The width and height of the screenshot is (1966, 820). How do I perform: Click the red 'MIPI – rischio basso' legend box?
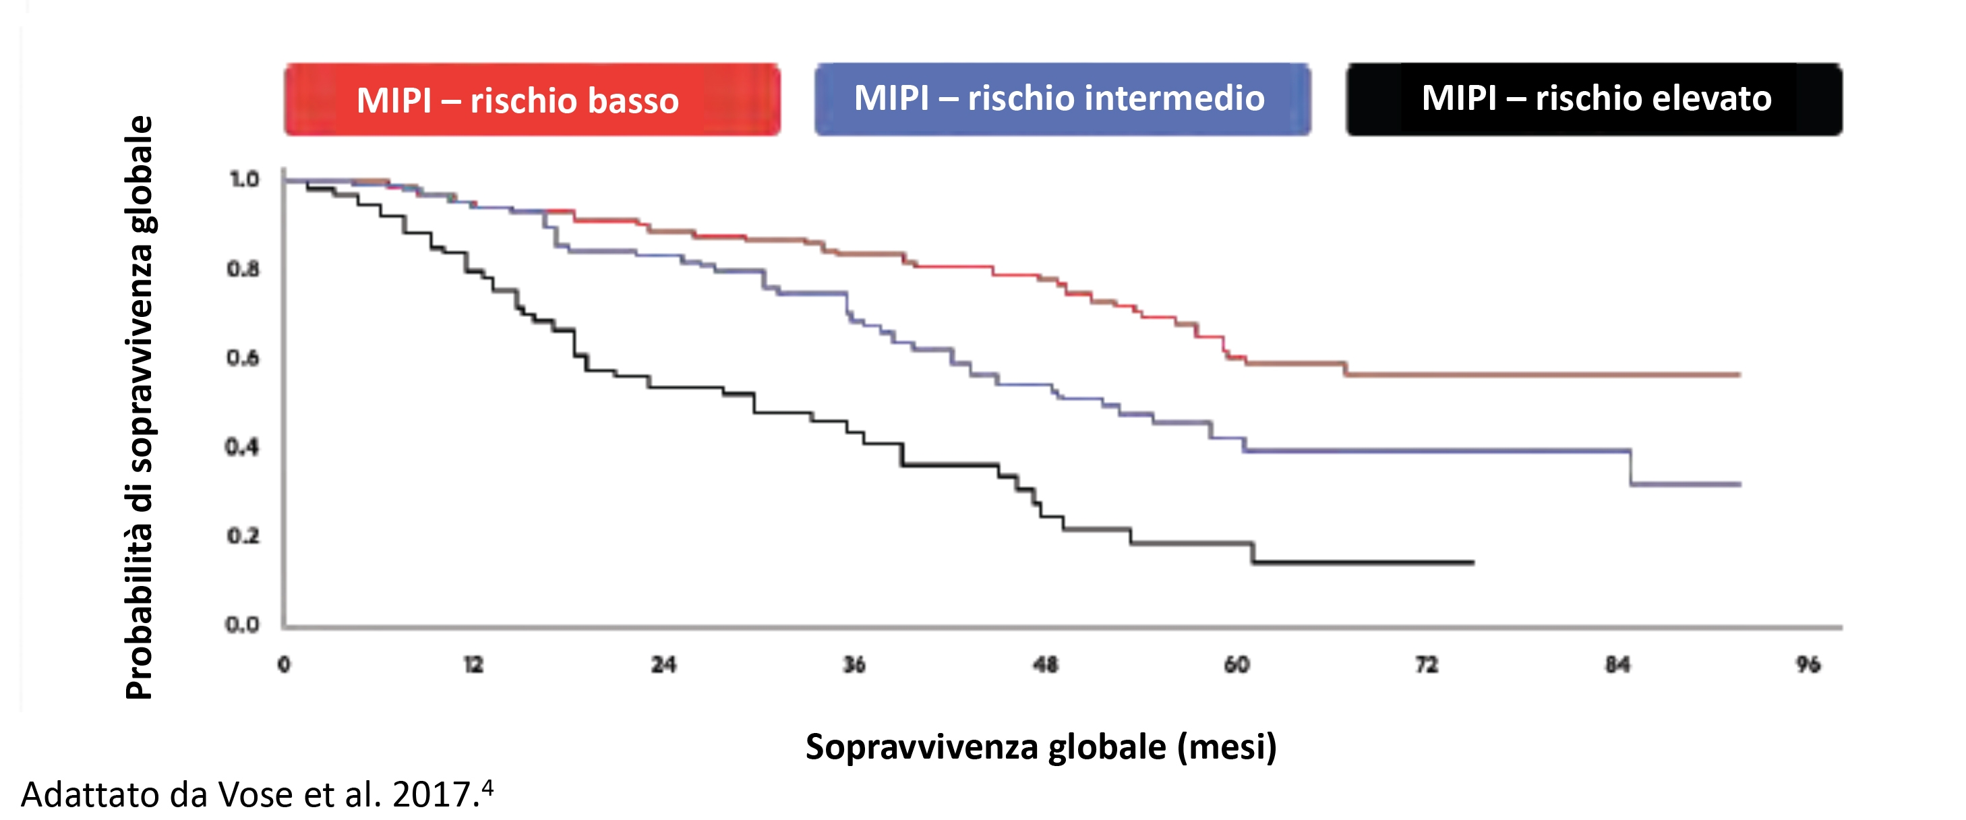point(532,100)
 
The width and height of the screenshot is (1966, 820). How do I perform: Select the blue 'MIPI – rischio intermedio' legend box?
point(1062,99)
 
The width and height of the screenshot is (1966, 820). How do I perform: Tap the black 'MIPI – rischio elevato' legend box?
point(1594,99)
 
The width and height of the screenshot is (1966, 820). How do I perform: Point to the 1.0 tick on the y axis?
point(244,179)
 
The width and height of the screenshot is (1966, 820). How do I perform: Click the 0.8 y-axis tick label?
point(243,269)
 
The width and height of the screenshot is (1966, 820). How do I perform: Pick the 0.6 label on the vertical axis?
point(243,357)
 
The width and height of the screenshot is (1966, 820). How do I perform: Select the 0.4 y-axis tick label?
point(242,446)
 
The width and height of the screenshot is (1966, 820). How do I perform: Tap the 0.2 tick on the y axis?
point(243,536)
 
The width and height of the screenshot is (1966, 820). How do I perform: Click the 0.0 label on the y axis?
point(242,624)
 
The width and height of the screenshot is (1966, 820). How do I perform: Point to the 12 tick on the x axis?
point(474,665)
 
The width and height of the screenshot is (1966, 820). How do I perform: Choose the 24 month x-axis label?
point(664,665)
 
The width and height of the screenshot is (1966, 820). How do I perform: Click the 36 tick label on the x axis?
point(854,665)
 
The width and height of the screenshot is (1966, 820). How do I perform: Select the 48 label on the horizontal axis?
point(1046,665)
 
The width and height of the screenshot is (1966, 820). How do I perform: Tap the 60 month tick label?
point(1237,665)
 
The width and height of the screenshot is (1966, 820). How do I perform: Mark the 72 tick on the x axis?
point(1427,665)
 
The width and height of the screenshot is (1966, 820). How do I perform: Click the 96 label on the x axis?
point(1808,665)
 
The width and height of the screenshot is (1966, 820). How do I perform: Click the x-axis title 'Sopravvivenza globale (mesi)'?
point(1041,746)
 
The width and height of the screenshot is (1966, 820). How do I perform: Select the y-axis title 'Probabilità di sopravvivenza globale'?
point(140,407)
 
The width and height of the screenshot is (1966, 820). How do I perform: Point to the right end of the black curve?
point(1473,562)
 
